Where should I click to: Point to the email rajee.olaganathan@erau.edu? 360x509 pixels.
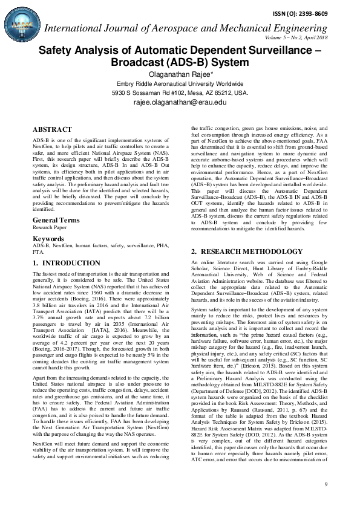click(x=180, y=103)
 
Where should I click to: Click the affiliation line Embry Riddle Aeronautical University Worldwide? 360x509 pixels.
click(x=180, y=84)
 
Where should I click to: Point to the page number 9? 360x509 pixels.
click(x=326, y=485)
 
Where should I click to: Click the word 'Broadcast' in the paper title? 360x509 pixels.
click(x=137, y=62)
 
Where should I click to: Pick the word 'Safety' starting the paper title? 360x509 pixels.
click(x=55, y=51)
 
